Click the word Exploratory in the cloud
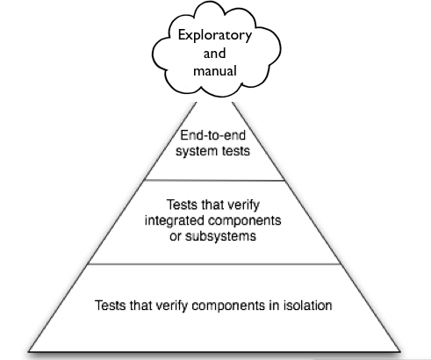215,36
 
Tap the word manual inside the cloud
215,71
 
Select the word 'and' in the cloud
215,54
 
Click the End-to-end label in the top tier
212,135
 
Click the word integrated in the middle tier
170,220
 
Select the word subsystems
220,236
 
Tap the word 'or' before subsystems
176,236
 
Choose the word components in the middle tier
241,221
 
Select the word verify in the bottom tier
171,306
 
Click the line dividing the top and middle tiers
214,180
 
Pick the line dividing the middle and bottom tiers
214,264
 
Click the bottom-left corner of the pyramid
28,351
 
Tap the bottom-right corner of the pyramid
400,351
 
